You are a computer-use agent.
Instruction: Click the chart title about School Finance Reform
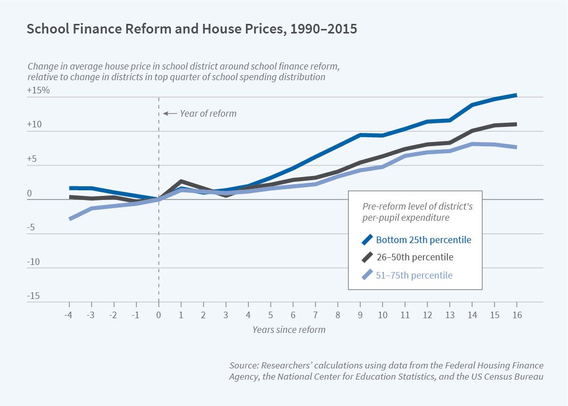click(x=192, y=29)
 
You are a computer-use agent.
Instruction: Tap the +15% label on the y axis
click(x=38, y=90)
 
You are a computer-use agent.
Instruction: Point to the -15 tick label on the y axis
click(x=33, y=296)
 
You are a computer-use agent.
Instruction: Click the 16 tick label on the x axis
click(x=516, y=315)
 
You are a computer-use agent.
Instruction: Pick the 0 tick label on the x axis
click(x=159, y=315)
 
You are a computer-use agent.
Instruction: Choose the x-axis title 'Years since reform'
click(x=289, y=329)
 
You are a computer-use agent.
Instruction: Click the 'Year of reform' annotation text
click(x=208, y=113)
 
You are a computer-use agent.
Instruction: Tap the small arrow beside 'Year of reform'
click(x=169, y=113)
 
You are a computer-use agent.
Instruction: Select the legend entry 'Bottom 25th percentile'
click(x=423, y=240)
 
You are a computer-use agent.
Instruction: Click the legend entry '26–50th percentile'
click(x=414, y=257)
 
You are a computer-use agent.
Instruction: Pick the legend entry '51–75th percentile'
click(x=414, y=276)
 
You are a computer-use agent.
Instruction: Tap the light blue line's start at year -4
click(x=69, y=219)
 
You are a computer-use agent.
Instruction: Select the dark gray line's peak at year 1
click(x=181, y=181)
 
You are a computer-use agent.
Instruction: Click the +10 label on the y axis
click(x=34, y=124)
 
